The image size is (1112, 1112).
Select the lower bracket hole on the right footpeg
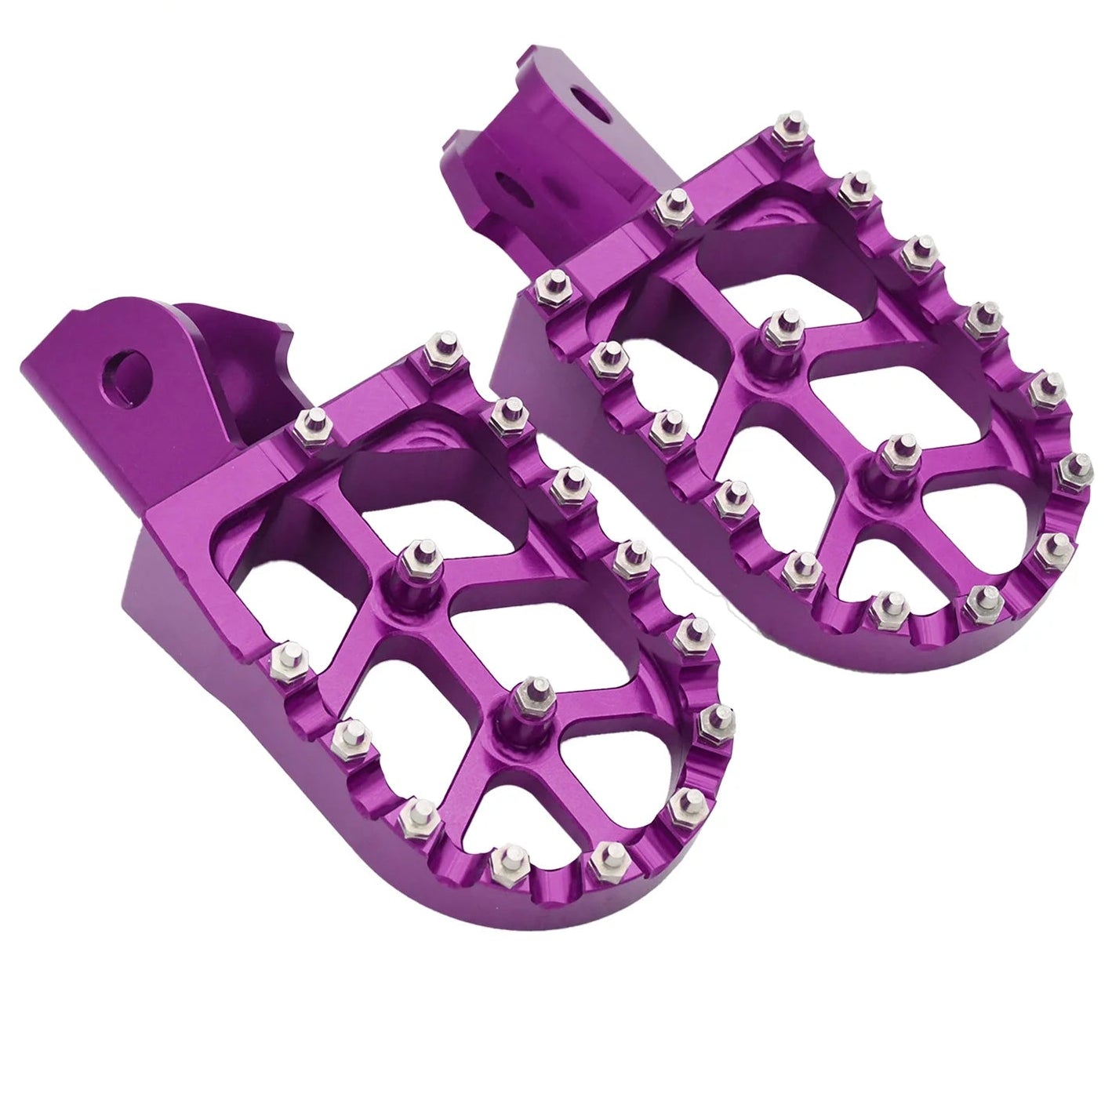point(512,190)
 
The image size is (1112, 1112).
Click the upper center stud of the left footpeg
point(420,560)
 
